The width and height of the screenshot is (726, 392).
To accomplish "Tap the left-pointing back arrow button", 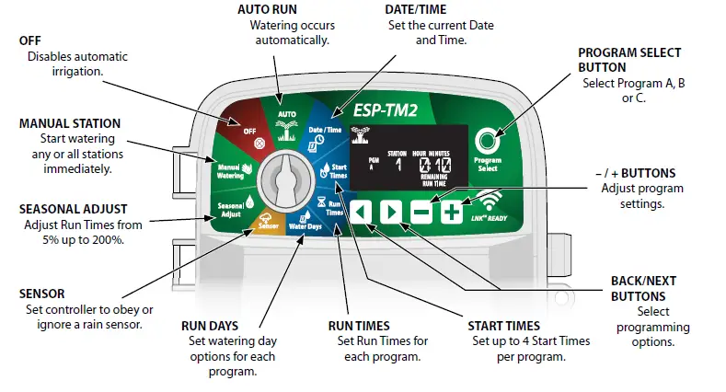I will click(x=362, y=212).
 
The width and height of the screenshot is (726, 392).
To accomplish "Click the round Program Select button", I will click(x=486, y=141).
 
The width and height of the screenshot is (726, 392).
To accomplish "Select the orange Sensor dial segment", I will click(x=265, y=223).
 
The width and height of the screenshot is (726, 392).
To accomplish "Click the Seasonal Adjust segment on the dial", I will click(x=230, y=207).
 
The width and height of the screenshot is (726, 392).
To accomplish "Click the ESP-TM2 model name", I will click(x=387, y=110).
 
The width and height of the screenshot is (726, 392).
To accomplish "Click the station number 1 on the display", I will click(x=399, y=165).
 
